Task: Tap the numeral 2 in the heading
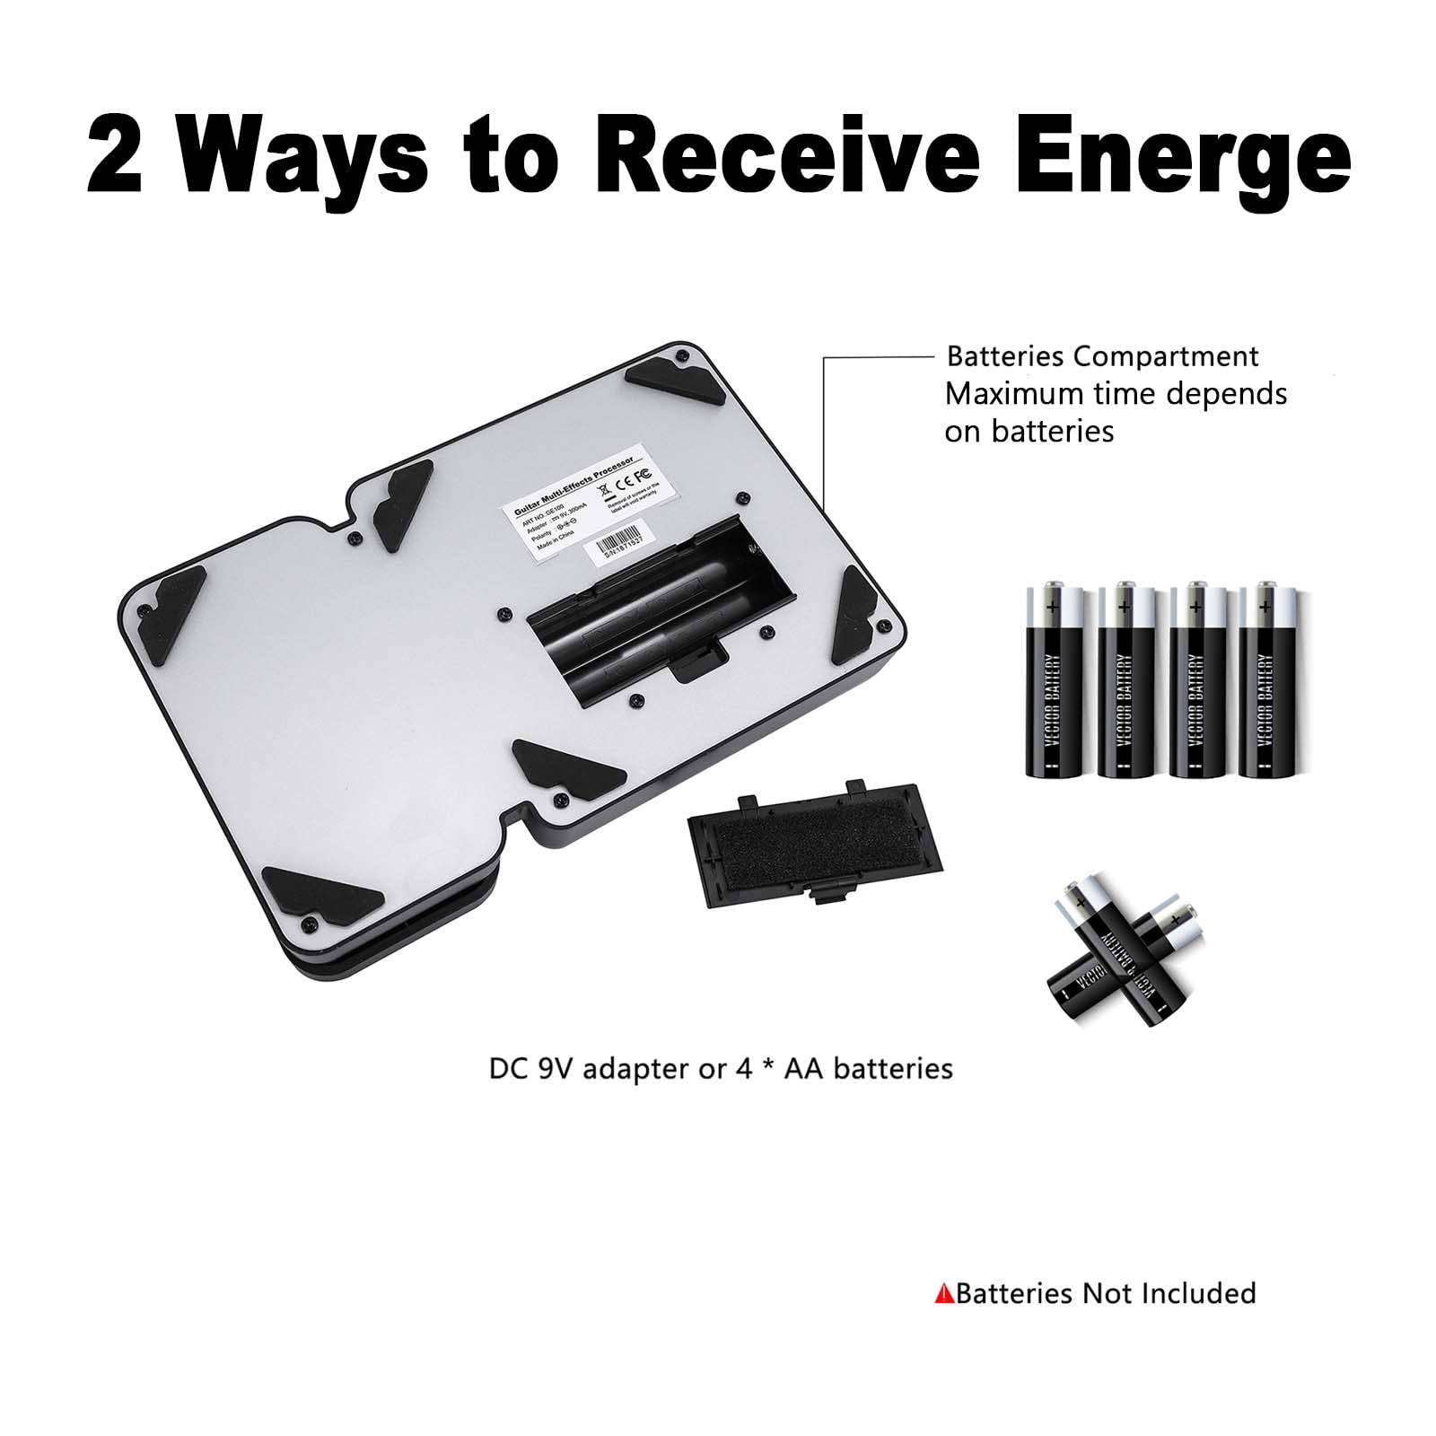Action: [115, 153]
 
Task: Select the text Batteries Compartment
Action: [1102, 356]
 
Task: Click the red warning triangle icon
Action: [943, 1294]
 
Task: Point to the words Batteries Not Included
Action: [1106, 1293]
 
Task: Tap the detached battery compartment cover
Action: [814, 843]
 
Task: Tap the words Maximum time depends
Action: [1116, 394]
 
